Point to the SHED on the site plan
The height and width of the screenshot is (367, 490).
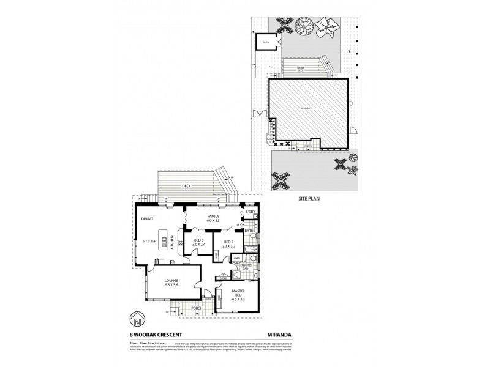click(266, 42)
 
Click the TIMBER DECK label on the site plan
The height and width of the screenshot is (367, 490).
click(301, 69)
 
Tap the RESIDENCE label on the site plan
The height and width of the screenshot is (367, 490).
click(305, 108)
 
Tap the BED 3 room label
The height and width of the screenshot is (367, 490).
click(198, 240)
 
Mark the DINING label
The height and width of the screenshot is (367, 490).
click(146, 218)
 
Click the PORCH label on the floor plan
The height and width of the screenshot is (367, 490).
click(196, 307)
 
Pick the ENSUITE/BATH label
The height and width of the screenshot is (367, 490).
click(245, 266)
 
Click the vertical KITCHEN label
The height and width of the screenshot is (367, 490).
click(173, 243)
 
